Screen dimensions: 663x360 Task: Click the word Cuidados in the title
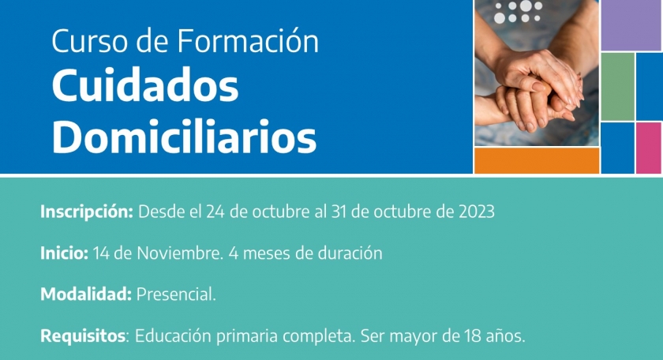(x=145, y=86)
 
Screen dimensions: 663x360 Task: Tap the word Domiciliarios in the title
(x=185, y=137)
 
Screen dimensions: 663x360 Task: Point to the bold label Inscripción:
(x=87, y=212)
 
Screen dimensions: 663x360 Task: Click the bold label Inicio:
(x=64, y=253)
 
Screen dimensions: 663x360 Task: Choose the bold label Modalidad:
(x=86, y=294)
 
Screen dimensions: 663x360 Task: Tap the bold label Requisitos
(x=83, y=336)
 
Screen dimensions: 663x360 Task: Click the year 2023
(x=477, y=212)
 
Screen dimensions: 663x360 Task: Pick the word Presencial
(x=176, y=294)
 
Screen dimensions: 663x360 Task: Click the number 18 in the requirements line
(x=472, y=336)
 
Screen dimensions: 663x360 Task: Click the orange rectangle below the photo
(x=537, y=160)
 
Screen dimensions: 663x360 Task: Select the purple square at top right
(x=631, y=25)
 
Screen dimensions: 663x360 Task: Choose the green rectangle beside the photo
(x=617, y=87)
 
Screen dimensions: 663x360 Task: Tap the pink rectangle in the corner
(x=649, y=148)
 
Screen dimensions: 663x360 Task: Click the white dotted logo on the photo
(x=519, y=12)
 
